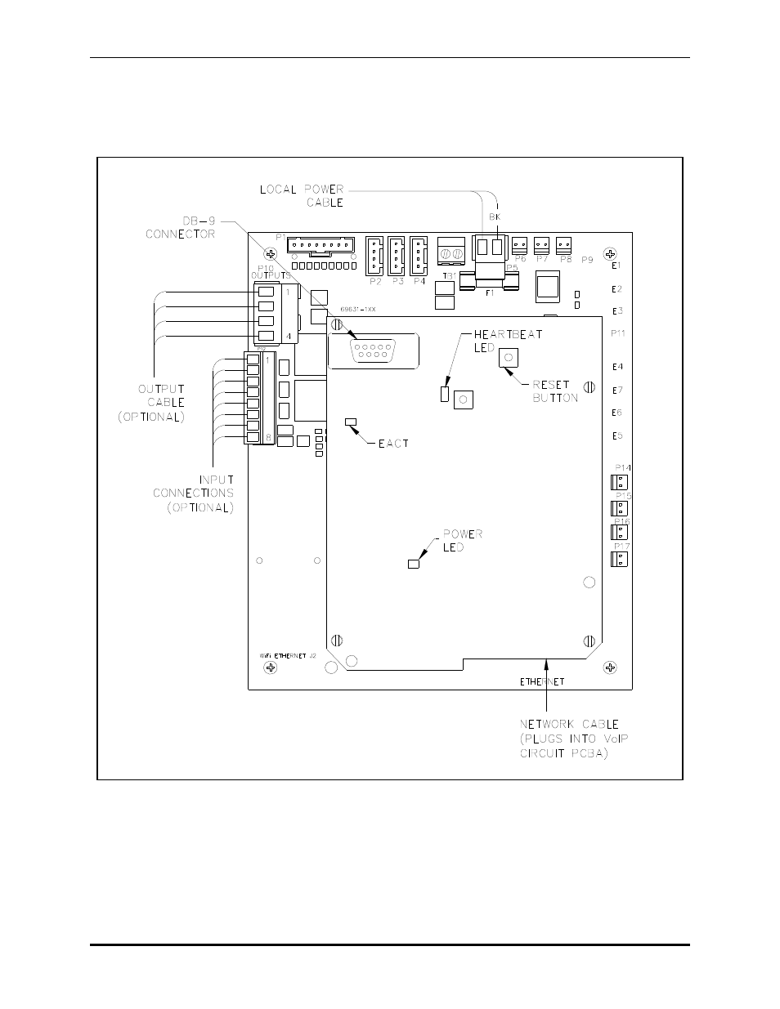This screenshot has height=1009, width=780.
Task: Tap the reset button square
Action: (x=509, y=357)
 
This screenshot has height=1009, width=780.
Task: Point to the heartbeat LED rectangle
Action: (x=445, y=395)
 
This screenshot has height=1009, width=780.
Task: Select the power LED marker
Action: (x=414, y=564)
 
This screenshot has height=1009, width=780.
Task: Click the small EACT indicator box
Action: (x=352, y=422)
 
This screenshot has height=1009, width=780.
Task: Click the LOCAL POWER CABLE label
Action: (x=302, y=196)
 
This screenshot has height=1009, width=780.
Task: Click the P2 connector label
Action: (x=375, y=282)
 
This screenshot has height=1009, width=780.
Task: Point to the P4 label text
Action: (x=419, y=282)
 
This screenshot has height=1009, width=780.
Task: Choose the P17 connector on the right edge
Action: (x=619, y=560)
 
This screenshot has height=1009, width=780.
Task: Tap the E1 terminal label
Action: (x=618, y=266)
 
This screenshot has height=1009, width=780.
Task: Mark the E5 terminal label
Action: (x=618, y=436)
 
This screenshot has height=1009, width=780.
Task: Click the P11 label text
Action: (x=618, y=333)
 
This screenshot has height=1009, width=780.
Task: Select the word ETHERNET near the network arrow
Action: (x=542, y=681)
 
